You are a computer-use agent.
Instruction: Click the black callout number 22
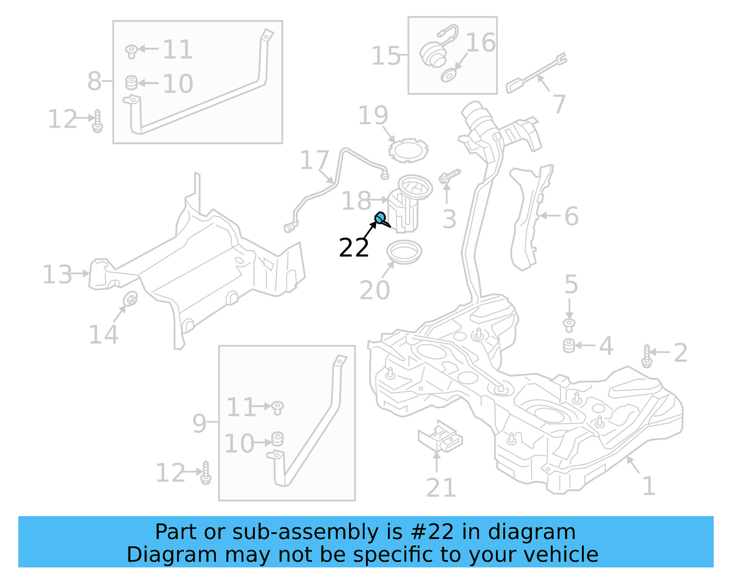coord(354,248)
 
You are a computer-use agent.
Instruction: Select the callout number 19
coord(373,115)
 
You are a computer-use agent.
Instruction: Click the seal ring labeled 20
coord(404,252)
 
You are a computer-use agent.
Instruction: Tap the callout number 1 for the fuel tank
coord(649,486)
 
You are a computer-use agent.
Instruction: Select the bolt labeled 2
coord(646,356)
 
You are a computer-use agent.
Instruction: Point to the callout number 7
coord(559,104)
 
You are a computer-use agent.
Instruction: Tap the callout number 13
coord(57,274)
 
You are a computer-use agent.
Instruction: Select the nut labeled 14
coord(131,299)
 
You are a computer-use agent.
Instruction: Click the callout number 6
coord(571,216)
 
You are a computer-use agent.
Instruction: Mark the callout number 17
coord(314,160)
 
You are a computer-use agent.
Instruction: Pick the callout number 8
coord(94,81)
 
